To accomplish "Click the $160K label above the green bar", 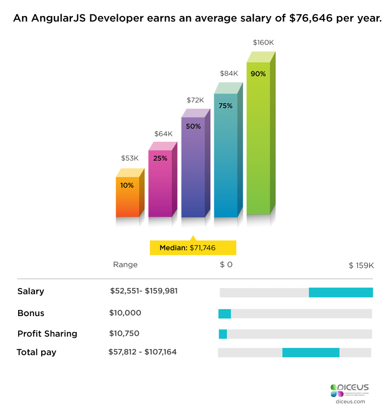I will coord(263,43).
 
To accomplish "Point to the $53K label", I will coord(130,158).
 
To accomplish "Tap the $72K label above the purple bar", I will coord(195,100).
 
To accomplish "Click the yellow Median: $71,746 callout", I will coord(193,248).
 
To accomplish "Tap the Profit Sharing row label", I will coord(47,334).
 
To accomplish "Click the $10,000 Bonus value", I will coord(125,313).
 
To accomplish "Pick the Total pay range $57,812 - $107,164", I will coord(142,352).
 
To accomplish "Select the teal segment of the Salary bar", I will coord(341,292).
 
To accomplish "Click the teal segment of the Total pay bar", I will coord(311,352).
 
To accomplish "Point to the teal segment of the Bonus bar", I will coord(225,314).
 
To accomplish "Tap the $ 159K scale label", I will coord(361,266).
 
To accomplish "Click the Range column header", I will coord(125,265).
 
